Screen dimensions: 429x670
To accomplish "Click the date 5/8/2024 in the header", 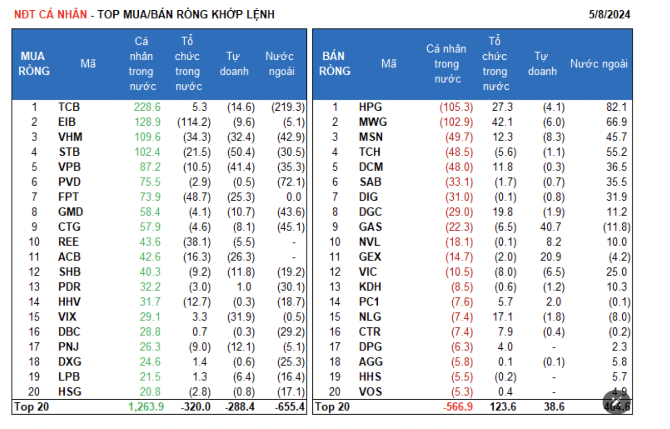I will point(609,14).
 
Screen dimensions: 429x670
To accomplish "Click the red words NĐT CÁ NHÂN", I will point(50,14).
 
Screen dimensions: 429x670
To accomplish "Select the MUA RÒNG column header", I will point(33,64).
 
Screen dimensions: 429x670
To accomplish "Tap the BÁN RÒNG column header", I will point(335,64).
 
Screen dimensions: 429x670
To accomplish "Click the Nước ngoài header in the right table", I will point(599,64).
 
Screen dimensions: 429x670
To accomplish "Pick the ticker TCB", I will point(69,107).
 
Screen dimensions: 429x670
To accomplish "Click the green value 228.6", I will point(147,107).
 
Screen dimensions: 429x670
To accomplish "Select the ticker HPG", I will point(370,107).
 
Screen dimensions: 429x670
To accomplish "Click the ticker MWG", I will point(372,122).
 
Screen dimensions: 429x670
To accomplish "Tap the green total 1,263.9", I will point(146,407).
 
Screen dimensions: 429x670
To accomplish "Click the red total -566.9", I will point(458,407).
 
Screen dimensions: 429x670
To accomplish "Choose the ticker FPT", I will point(68,197).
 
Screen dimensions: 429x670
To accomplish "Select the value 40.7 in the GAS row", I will point(550,227).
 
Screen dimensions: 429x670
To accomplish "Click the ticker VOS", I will point(370,392).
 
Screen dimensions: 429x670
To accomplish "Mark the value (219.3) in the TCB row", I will point(288,107).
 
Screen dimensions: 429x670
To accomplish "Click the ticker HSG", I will point(70,392).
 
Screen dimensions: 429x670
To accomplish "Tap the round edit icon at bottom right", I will point(616,402).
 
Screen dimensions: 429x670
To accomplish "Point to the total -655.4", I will point(290,407).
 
